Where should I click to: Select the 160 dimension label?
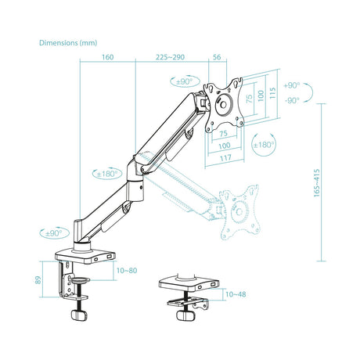tap(107, 56)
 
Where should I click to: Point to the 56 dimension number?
tap(217, 56)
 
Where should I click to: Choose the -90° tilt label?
tap(291, 100)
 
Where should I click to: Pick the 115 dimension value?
tap(272, 92)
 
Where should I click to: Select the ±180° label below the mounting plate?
tap(264, 145)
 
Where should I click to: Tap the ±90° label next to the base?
tap(52, 232)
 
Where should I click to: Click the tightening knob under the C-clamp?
tap(78, 313)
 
